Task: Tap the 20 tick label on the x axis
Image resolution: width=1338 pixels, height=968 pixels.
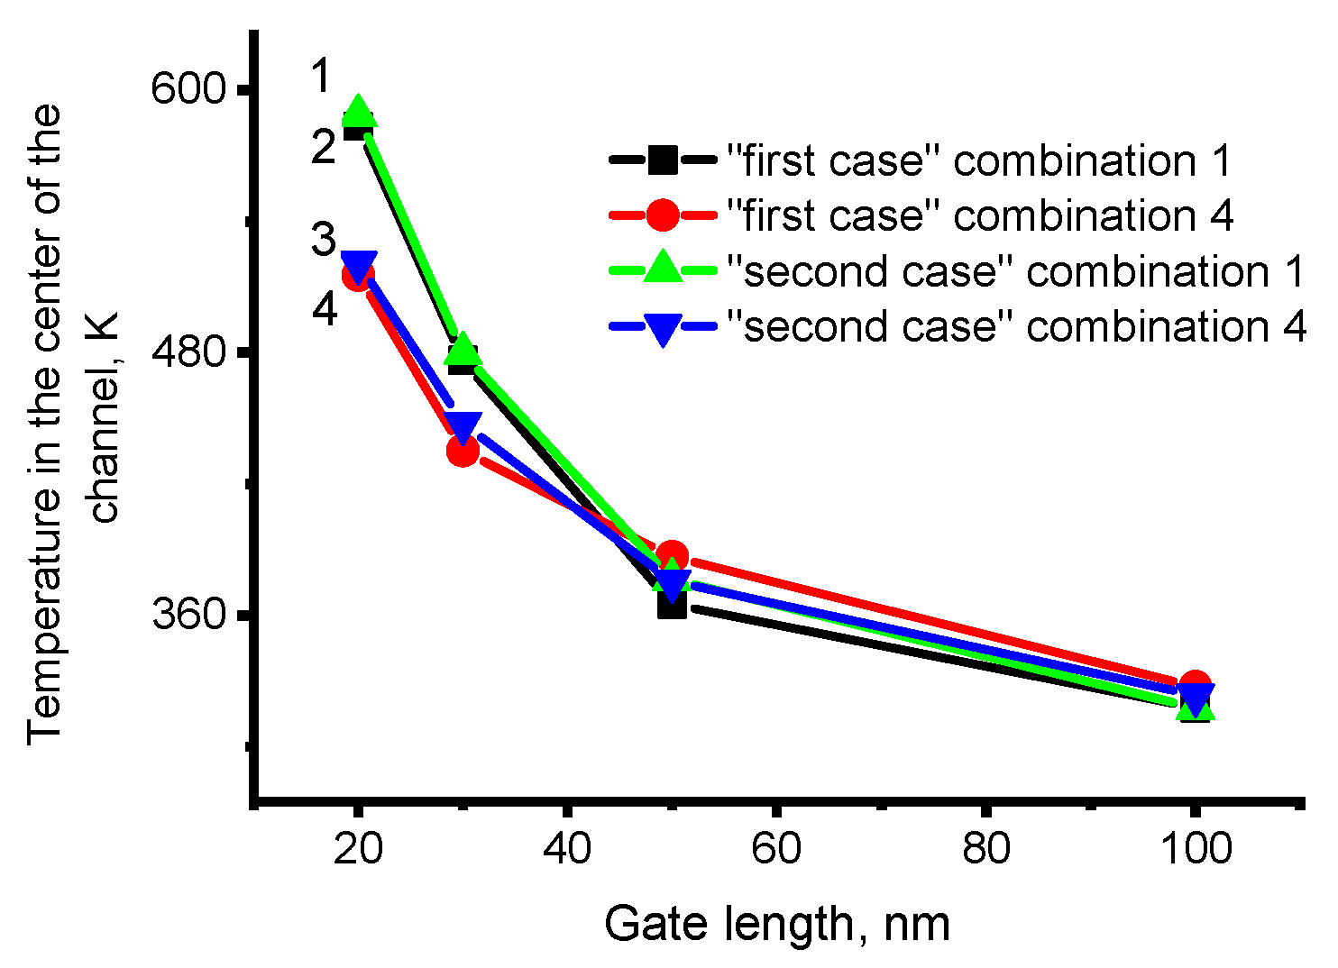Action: point(358,849)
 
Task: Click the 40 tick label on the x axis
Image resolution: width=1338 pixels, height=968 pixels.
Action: point(567,849)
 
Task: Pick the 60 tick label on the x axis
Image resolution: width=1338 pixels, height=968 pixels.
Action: point(776,849)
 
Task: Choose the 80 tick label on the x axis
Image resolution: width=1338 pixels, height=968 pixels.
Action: point(985,849)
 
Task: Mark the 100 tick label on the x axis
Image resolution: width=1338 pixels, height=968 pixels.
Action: point(1195,849)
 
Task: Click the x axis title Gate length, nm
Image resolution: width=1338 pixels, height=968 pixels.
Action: point(777,925)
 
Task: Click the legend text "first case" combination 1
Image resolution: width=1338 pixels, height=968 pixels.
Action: point(979,161)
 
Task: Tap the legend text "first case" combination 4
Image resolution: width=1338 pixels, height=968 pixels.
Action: point(980,216)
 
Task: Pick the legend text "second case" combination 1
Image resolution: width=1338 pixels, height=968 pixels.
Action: point(1016,271)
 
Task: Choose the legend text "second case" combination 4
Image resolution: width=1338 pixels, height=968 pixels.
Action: point(1016,326)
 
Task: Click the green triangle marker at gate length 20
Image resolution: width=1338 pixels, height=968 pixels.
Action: point(358,111)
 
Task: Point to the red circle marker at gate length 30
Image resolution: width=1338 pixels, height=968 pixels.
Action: point(463,450)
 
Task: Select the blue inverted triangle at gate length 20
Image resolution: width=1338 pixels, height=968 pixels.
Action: point(359,267)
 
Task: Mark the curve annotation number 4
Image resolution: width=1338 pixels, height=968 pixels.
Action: point(325,309)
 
